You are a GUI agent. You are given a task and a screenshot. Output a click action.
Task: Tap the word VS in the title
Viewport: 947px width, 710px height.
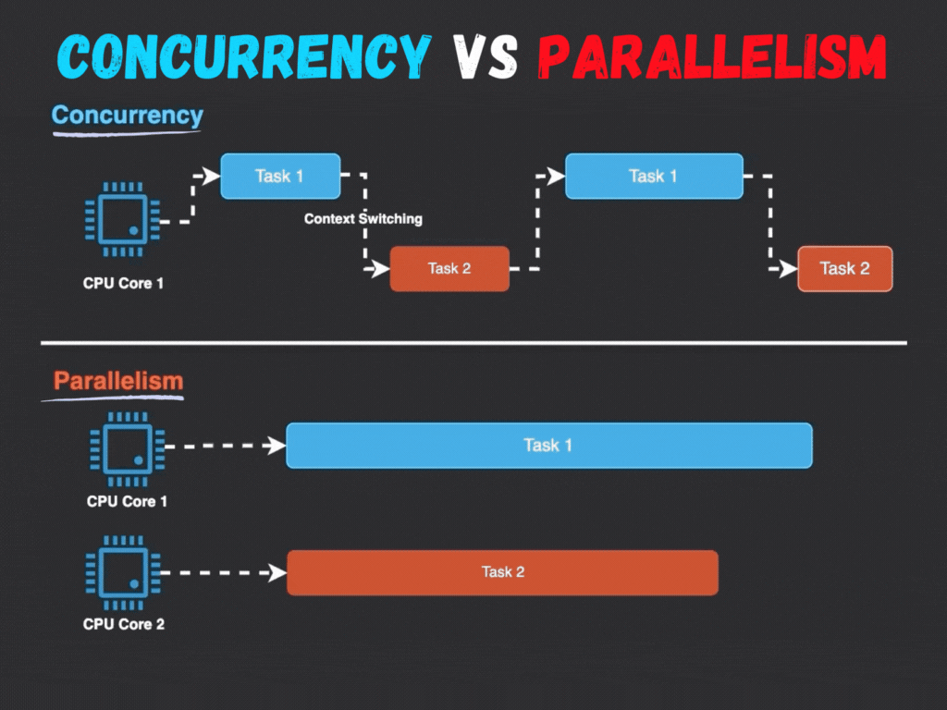pos(485,57)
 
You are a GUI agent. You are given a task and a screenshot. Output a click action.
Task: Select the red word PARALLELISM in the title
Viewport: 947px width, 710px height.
pos(712,57)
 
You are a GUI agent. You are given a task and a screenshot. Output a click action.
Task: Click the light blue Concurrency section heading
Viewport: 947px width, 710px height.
pos(127,116)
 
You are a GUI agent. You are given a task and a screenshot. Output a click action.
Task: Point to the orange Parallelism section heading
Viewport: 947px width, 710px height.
pos(117,381)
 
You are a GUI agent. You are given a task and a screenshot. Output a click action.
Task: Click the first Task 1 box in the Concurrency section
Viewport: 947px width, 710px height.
pos(280,176)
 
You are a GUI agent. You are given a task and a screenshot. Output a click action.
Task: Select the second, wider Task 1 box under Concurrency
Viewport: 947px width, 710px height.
pos(654,176)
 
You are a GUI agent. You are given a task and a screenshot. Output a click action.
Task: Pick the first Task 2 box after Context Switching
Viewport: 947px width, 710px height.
pos(449,269)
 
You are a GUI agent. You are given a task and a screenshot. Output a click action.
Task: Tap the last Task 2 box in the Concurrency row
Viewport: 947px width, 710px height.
pos(845,269)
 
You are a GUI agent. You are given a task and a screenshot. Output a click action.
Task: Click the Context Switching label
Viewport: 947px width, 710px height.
pos(363,219)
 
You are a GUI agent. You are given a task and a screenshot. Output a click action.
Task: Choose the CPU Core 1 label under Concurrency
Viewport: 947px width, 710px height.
pos(124,283)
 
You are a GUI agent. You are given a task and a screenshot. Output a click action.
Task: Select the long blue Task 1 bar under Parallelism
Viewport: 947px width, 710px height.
pos(548,446)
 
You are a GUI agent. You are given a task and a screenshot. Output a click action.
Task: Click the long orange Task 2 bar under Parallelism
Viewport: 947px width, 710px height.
pos(502,572)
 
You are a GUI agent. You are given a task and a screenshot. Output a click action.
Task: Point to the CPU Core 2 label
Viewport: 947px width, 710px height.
pos(124,624)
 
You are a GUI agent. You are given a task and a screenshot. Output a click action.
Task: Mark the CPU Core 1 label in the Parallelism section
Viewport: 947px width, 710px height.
pos(127,501)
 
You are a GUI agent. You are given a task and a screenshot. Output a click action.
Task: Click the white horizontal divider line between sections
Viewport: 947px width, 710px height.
pos(473,343)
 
